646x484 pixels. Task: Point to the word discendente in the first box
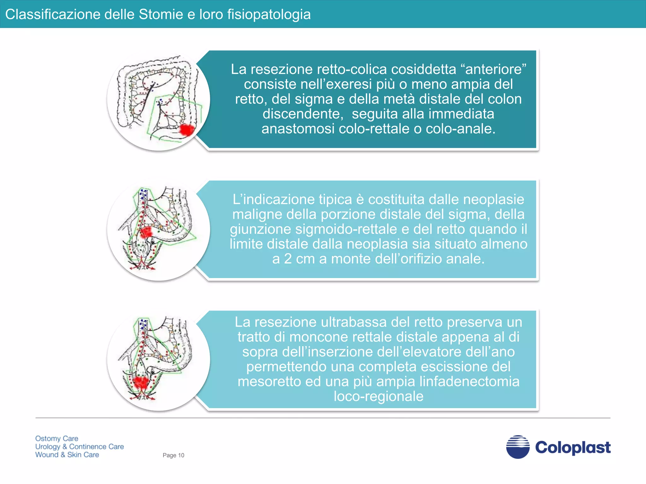(303, 114)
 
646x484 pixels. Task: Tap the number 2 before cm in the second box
(288, 259)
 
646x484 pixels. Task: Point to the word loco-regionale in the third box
(378, 396)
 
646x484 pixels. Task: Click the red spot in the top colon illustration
(186, 130)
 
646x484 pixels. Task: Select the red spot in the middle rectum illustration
(146, 233)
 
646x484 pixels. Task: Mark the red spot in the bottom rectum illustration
(141, 382)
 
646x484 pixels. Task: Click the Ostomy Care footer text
(57, 438)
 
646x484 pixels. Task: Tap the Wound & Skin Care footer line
(67, 455)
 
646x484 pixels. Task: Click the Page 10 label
(173, 455)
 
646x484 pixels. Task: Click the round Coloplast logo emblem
(518, 447)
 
